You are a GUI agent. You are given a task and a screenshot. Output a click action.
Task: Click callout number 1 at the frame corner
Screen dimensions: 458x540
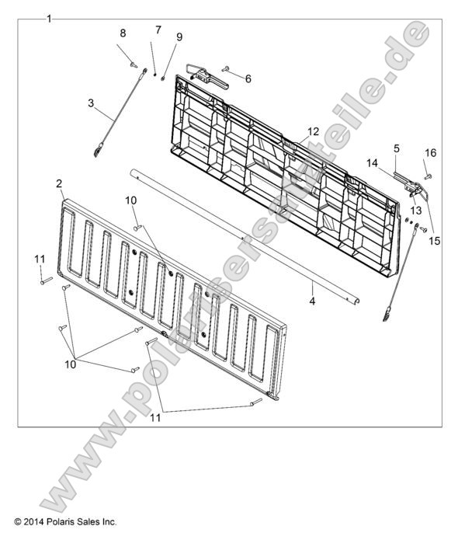click(x=49, y=19)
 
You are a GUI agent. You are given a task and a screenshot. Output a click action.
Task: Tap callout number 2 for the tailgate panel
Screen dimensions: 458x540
click(x=59, y=184)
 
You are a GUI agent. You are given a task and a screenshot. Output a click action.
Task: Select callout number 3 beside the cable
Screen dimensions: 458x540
click(x=91, y=103)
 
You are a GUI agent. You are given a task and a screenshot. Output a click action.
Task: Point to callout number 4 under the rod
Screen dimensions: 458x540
click(x=312, y=301)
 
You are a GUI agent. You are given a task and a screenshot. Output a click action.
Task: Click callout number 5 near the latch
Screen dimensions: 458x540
click(x=397, y=148)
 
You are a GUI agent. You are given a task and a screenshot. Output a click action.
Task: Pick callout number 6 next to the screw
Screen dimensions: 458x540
click(x=248, y=79)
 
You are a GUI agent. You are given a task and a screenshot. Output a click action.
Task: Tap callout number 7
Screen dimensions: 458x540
click(x=158, y=30)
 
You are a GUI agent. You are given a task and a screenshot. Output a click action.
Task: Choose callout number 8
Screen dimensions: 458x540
click(x=123, y=33)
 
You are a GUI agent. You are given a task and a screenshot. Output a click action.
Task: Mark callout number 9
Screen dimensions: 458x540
click(x=179, y=37)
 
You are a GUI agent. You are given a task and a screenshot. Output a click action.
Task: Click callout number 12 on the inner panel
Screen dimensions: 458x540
click(x=313, y=131)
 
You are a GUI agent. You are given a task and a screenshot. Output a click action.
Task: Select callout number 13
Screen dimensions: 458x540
click(x=415, y=210)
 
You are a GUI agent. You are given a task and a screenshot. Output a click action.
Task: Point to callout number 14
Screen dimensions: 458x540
click(x=373, y=163)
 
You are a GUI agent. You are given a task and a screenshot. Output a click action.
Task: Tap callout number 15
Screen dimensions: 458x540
click(x=434, y=241)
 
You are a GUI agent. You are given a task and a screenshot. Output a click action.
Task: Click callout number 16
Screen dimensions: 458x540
click(x=431, y=152)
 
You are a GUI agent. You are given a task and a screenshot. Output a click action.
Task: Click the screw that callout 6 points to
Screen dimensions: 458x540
click(x=226, y=69)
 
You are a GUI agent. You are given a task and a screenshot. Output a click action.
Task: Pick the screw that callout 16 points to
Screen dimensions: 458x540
click(x=428, y=176)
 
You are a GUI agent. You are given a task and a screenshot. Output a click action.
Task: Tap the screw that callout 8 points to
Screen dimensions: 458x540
click(x=134, y=64)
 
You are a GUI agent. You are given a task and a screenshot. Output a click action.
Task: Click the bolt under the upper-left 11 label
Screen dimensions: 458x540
click(x=46, y=280)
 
